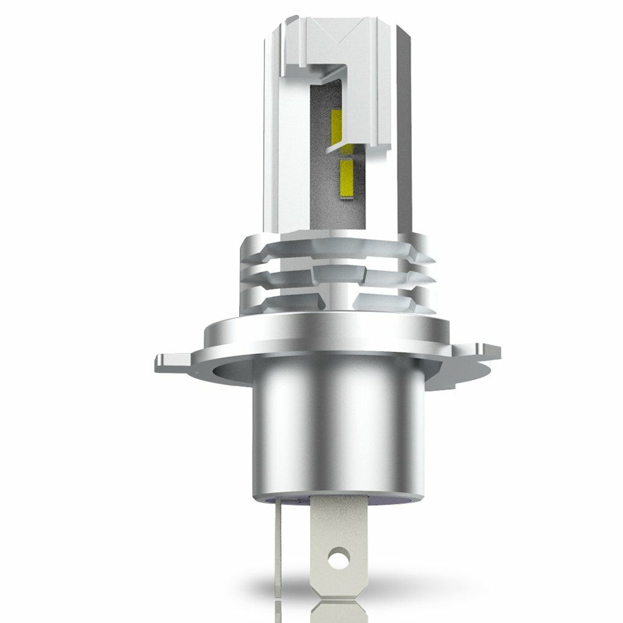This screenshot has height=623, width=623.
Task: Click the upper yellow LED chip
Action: [337, 125]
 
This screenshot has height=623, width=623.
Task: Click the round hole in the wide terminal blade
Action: [339, 553]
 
